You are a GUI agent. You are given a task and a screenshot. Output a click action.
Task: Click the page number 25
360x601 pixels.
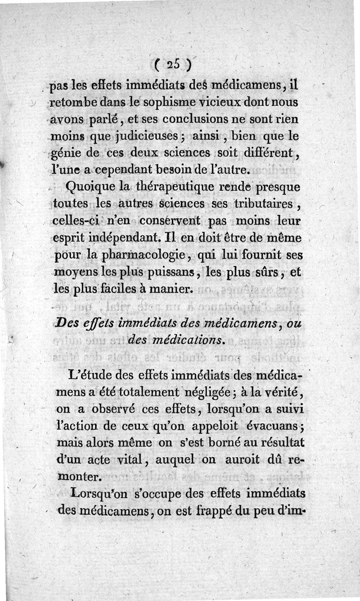pos(173,65)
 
